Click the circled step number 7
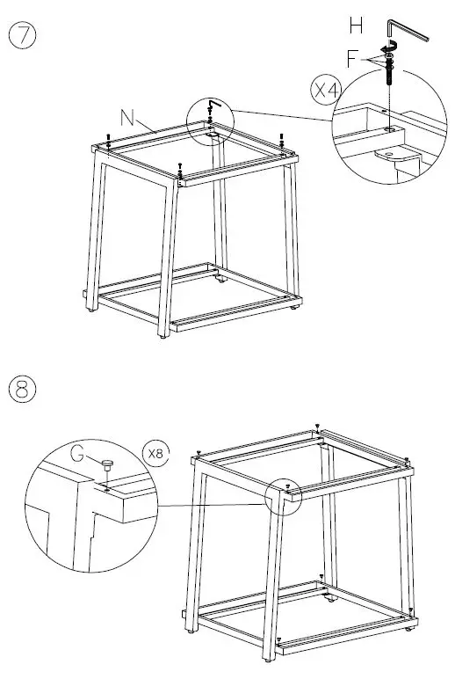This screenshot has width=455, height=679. (23, 35)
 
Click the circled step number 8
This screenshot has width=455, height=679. (23, 389)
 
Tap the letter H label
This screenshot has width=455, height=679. (356, 26)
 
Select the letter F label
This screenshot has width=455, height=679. (353, 58)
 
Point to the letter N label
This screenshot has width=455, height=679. (127, 117)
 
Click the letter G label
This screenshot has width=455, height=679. (77, 453)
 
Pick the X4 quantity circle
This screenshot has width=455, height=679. (326, 90)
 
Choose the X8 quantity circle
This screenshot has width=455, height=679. (155, 453)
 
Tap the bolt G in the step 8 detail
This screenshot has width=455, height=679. (107, 465)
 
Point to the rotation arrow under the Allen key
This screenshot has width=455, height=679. (389, 47)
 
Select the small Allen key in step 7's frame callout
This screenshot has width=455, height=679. (214, 103)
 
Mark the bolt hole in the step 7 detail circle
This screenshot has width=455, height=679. (390, 129)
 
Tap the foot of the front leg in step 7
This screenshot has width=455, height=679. (163, 334)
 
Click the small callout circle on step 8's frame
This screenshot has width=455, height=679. (283, 497)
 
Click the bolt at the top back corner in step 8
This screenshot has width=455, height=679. (317, 427)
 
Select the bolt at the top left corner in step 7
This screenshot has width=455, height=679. (108, 140)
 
